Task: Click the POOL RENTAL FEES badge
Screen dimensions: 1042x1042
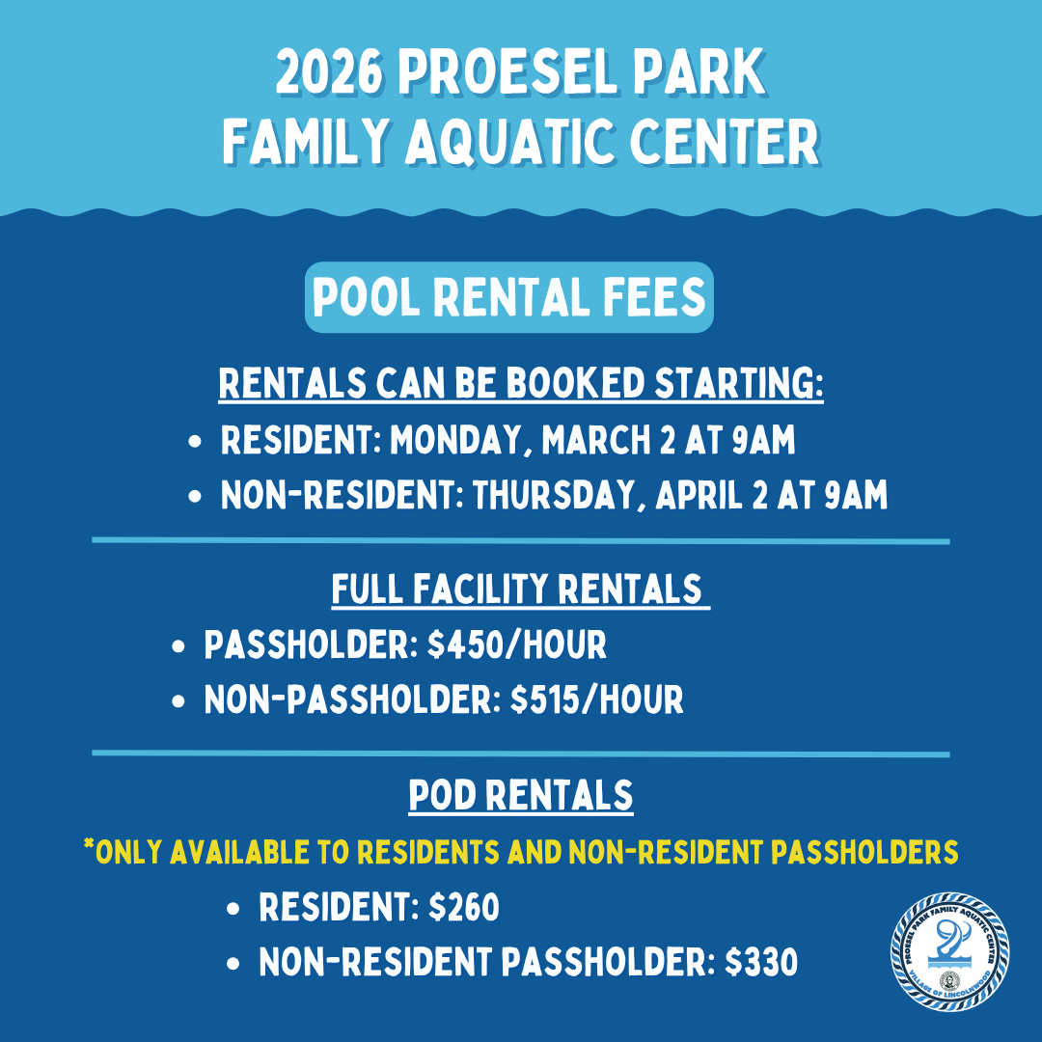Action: pyautogui.click(x=509, y=297)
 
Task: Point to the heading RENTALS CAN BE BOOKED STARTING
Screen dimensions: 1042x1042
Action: pyautogui.click(x=521, y=383)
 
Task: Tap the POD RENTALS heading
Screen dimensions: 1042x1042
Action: pyautogui.click(x=521, y=796)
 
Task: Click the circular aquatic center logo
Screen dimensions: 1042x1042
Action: pyautogui.click(x=949, y=950)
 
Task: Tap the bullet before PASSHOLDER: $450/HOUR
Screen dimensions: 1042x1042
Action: pyautogui.click(x=178, y=647)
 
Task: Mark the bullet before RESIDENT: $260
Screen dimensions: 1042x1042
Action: pyautogui.click(x=234, y=909)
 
